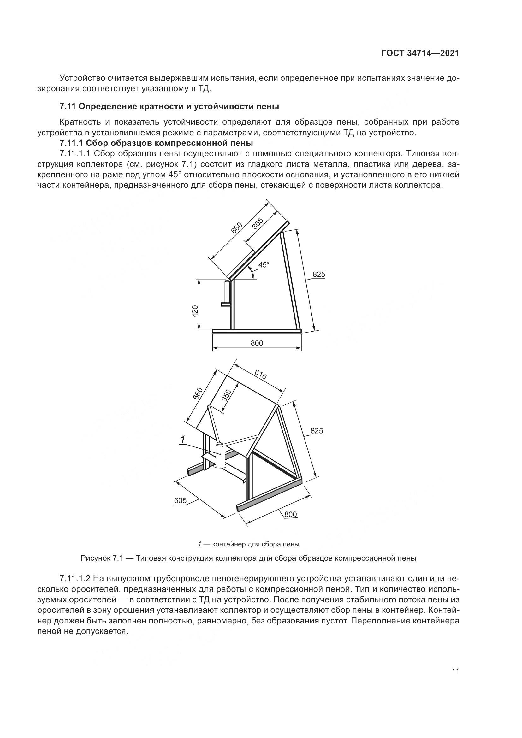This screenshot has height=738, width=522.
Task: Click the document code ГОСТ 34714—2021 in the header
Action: tap(420, 53)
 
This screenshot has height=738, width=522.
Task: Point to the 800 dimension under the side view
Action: tap(257, 343)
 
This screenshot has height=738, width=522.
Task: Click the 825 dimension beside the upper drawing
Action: tap(319, 275)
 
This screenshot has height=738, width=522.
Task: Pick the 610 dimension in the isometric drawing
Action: tap(261, 374)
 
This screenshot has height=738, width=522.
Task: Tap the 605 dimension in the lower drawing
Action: tap(180, 500)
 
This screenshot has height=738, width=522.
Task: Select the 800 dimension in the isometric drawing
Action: tap(291, 514)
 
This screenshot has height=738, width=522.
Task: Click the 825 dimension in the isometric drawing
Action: tap(317, 431)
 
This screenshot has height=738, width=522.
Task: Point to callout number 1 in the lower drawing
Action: tap(182, 439)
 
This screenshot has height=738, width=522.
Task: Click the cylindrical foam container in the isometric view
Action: tap(220, 456)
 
